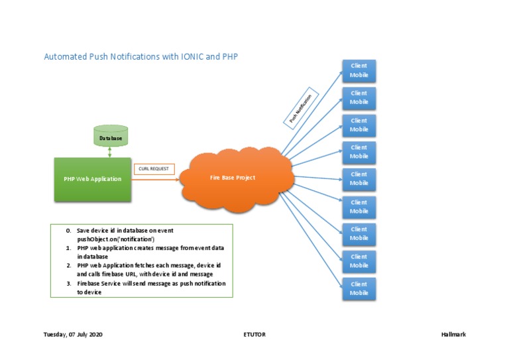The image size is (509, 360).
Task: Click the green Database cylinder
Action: click(111, 136)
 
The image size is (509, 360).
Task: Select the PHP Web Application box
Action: click(93, 180)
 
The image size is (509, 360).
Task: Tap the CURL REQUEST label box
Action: click(154, 169)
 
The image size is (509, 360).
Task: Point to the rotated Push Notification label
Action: click(301, 108)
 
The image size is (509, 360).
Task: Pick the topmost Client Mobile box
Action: click(359, 71)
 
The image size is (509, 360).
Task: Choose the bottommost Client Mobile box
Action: click(359, 288)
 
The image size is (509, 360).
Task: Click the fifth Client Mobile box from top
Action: click(359, 179)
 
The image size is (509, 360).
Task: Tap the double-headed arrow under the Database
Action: click(110, 152)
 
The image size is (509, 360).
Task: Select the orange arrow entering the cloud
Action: click(155, 180)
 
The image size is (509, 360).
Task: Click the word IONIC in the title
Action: click(192, 56)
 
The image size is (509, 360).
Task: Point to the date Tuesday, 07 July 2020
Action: click(73, 334)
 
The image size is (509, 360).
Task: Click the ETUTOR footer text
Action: click(254, 334)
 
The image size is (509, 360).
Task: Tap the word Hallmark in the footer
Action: click(453, 334)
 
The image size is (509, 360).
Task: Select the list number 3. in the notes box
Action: click(69, 284)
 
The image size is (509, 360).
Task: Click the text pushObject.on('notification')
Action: click(115, 239)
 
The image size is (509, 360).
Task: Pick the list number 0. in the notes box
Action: click(68, 231)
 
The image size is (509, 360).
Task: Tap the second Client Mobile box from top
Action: click(359, 98)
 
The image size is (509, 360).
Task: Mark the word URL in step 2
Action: click(131, 274)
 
